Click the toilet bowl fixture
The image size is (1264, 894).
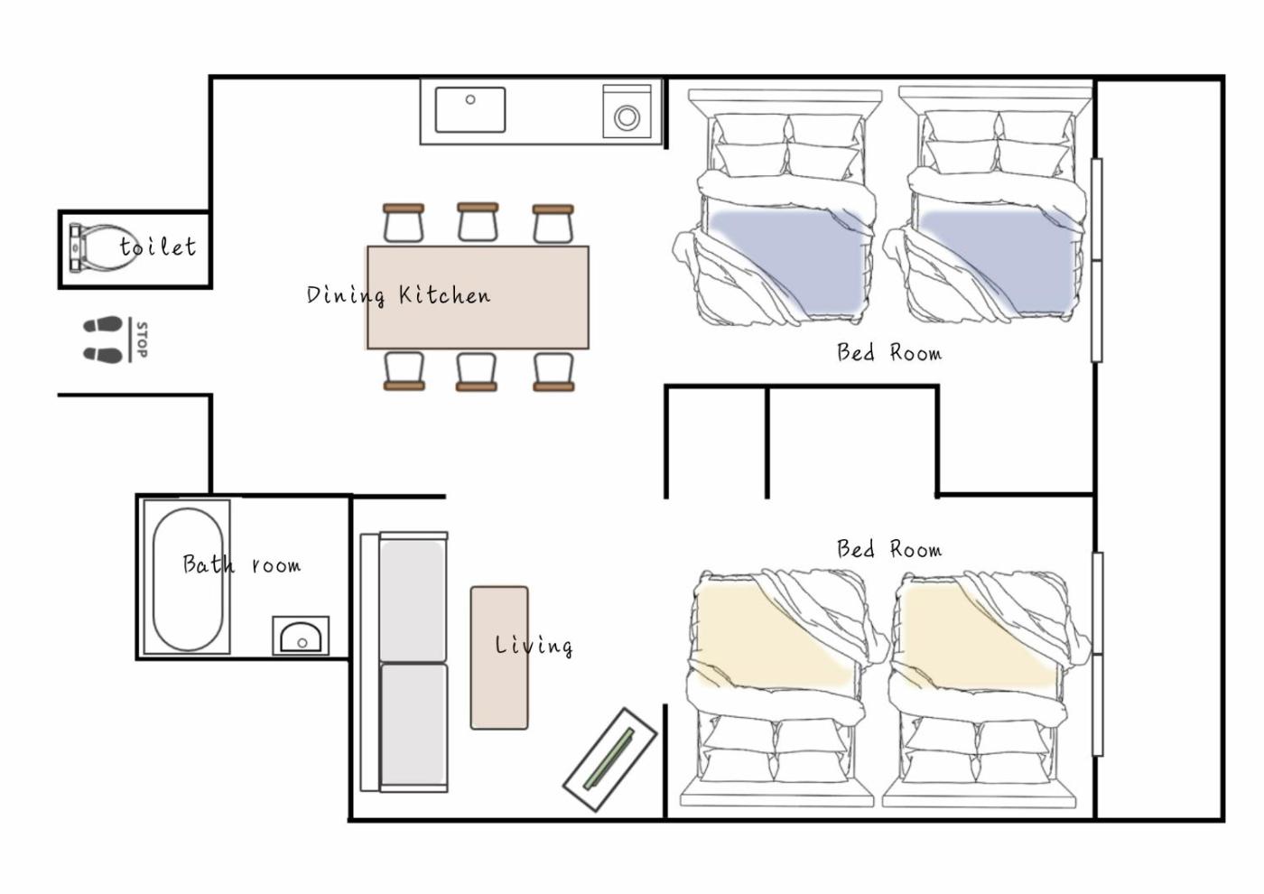(x=101, y=247)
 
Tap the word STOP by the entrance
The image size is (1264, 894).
(x=143, y=340)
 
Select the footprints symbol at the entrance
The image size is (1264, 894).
(x=103, y=340)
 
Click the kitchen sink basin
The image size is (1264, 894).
(x=470, y=109)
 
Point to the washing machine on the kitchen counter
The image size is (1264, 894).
(x=627, y=111)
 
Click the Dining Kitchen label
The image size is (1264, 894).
(x=398, y=295)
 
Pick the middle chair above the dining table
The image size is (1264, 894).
(x=478, y=222)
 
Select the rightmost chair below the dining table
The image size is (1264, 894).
(x=553, y=372)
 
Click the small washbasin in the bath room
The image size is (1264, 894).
(x=301, y=636)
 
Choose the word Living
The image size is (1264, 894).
(x=534, y=645)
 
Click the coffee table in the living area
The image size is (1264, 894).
(x=499, y=657)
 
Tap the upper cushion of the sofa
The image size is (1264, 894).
(x=413, y=601)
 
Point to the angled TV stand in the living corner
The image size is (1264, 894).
(x=610, y=759)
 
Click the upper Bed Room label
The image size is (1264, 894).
(x=889, y=353)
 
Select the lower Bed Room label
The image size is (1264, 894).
(x=889, y=549)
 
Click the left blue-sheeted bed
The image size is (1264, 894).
(x=776, y=208)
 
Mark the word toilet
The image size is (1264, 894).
(x=158, y=246)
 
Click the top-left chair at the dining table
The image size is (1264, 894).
(x=404, y=223)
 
